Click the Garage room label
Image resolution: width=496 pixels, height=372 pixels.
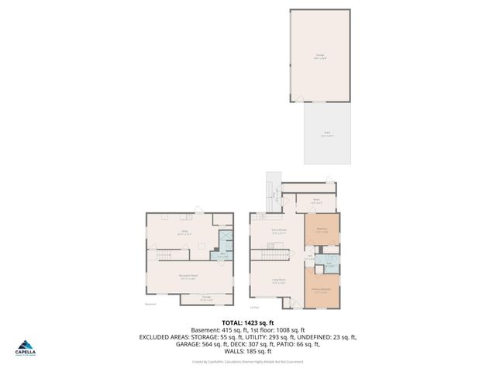tap(320, 56)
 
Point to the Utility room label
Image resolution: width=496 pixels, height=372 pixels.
tap(184, 232)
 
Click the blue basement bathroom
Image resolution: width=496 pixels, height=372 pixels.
tap(224, 243)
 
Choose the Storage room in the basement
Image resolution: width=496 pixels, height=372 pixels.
tap(207, 298)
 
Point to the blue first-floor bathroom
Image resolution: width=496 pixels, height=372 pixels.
tap(329, 263)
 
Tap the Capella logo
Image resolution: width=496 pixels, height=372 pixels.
tap(27, 350)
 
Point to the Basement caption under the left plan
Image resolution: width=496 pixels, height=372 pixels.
tap(150, 305)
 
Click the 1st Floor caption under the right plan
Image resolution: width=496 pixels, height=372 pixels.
tap(253, 308)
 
